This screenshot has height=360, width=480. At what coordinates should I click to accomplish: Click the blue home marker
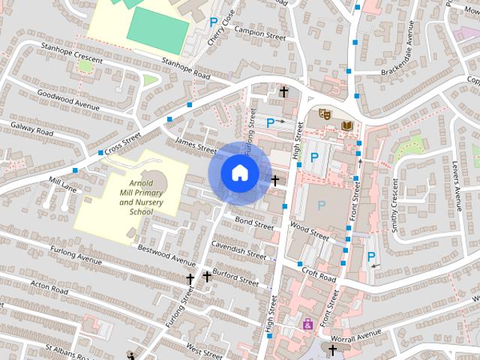click(x=239, y=172)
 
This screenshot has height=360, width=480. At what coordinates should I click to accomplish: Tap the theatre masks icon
click(x=325, y=114)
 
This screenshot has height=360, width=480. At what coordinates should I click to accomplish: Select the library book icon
click(x=346, y=125)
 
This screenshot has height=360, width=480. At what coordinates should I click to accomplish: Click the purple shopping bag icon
click(x=307, y=324)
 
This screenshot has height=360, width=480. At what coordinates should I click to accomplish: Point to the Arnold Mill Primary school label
click(x=140, y=193)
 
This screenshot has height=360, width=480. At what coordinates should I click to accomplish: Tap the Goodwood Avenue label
click(x=68, y=100)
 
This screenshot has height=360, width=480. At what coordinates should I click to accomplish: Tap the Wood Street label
click(x=309, y=230)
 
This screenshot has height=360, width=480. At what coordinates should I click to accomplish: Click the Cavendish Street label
click(x=238, y=250)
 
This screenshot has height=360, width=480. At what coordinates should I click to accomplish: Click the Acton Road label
click(x=50, y=287)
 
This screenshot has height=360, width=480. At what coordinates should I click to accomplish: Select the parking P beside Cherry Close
click(x=214, y=23)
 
